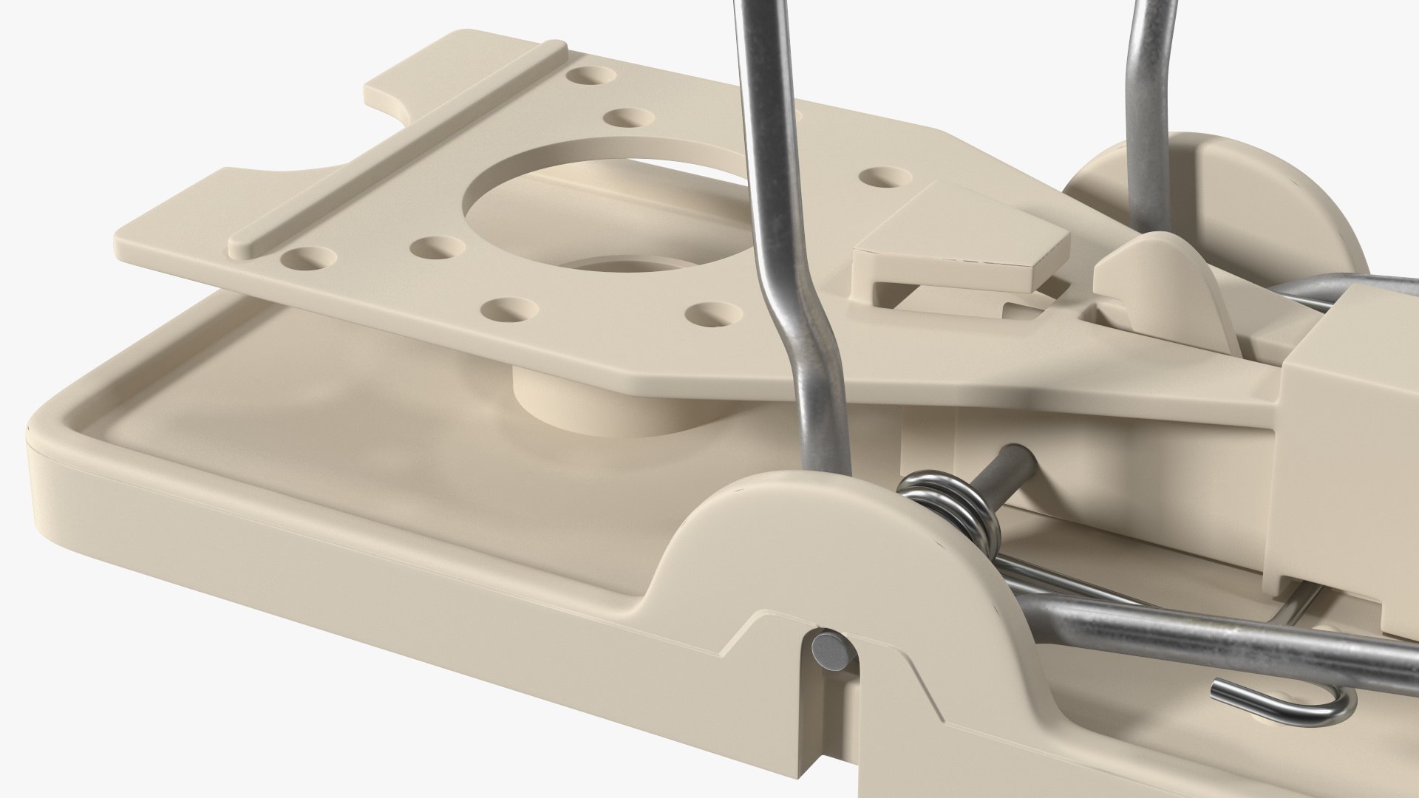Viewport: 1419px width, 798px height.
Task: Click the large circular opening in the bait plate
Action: pos(591,196)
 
